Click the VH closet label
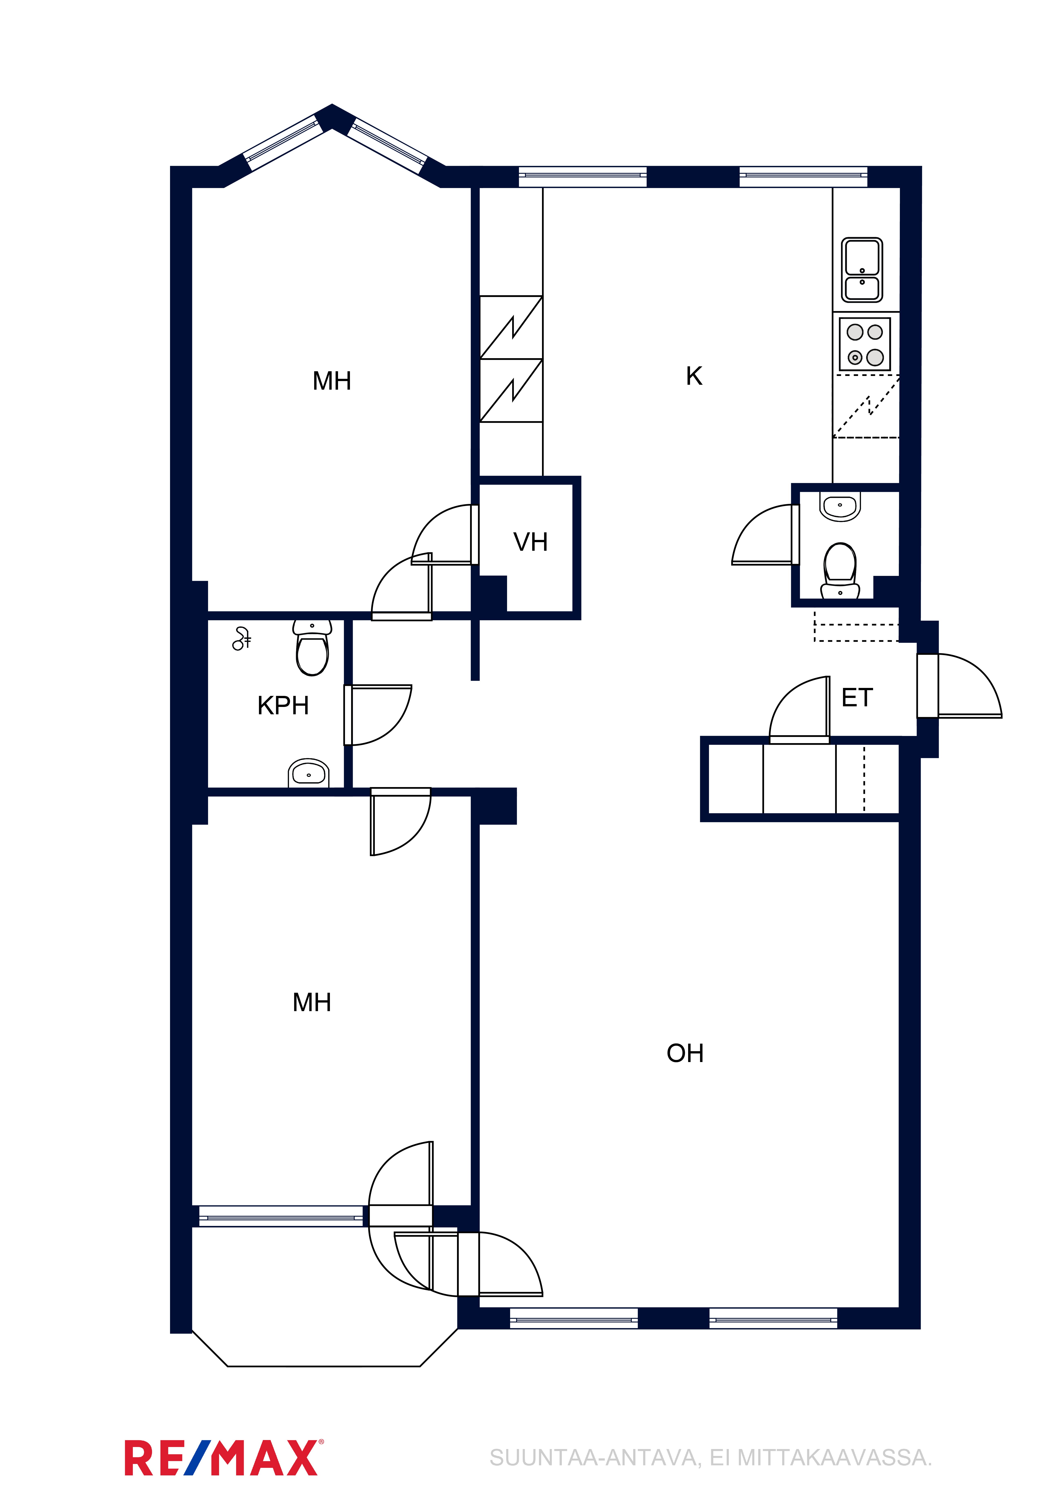pyautogui.click(x=530, y=542)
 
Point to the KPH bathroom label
pyautogui.click(x=283, y=705)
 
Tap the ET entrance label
pyautogui.click(x=857, y=698)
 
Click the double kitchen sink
pyautogui.click(x=862, y=270)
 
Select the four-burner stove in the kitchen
pyautogui.click(x=865, y=344)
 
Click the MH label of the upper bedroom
pyautogui.click(x=332, y=381)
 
